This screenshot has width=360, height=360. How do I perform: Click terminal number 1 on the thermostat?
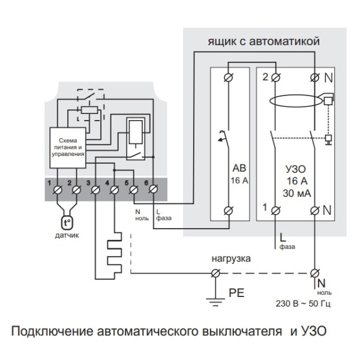(58, 191)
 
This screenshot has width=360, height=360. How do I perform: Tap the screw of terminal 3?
(96, 192)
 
